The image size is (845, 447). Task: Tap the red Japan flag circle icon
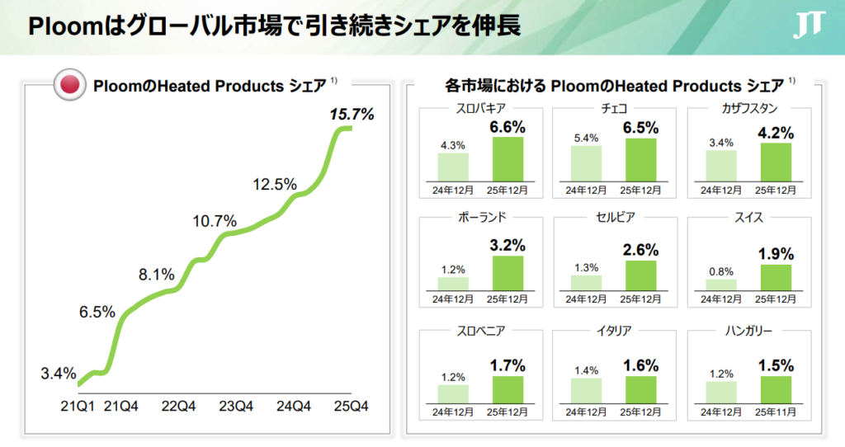(x=70, y=85)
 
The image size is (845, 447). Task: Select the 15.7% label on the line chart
(x=352, y=114)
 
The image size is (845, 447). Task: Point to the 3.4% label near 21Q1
(x=58, y=374)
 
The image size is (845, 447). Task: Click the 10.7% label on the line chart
(x=215, y=221)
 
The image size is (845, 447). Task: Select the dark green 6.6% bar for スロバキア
(x=507, y=158)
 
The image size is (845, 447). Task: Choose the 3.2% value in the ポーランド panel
(x=507, y=245)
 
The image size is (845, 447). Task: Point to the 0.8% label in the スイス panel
(x=720, y=270)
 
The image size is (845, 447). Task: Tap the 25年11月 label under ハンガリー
(x=775, y=411)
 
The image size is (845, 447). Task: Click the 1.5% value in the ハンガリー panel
(x=775, y=365)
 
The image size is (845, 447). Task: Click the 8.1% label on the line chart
(x=156, y=274)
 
